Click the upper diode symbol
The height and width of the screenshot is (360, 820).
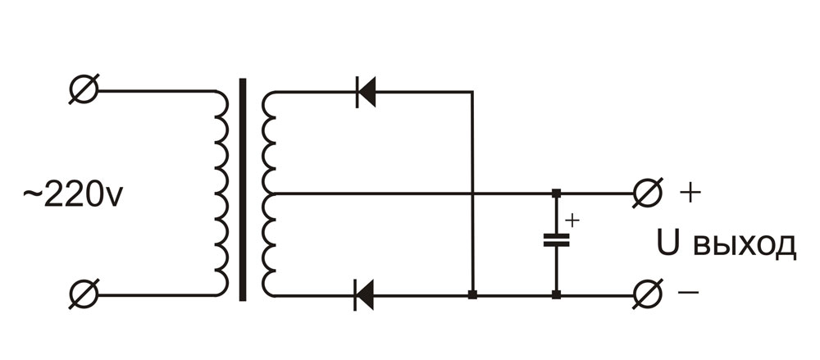click(x=366, y=91)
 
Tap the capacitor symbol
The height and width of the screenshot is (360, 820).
click(x=556, y=241)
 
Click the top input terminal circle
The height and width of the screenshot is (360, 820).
click(x=84, y=90)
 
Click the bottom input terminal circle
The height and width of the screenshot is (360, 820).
click(x=84, y=294)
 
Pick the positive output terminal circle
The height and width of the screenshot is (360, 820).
click(x=647, y=194)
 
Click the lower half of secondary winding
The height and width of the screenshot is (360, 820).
click(x=269, y=244)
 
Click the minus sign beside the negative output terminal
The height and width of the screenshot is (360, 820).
click(x=690, y=294)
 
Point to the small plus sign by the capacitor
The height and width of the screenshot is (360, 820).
click(x=572, y=221)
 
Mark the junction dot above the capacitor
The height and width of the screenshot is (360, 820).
click(x=556, y=194)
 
